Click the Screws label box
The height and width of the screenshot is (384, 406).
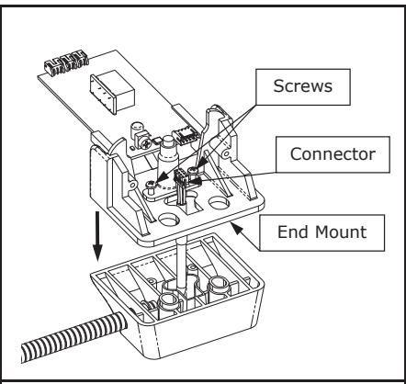[x=303, y=87]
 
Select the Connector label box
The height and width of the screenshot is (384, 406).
[x=333, y=154]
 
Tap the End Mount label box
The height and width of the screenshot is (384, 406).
[x=322, y=232]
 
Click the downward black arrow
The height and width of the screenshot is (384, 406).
[x=97, y=236]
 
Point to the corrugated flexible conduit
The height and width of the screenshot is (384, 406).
[x=73, y=337]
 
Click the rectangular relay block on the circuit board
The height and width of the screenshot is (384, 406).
[x=112, y=92]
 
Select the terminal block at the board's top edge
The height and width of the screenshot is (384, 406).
[x=66, y=62]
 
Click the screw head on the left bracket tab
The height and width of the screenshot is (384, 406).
[x=151, y=185]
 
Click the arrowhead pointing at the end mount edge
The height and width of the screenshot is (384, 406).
[x=237, y=228]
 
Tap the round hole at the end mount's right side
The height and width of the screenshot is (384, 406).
[x=219, y=202]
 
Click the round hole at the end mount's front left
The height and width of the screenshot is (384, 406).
[x=169, y=220]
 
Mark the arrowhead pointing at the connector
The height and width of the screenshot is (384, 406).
[x=196, y=181]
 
